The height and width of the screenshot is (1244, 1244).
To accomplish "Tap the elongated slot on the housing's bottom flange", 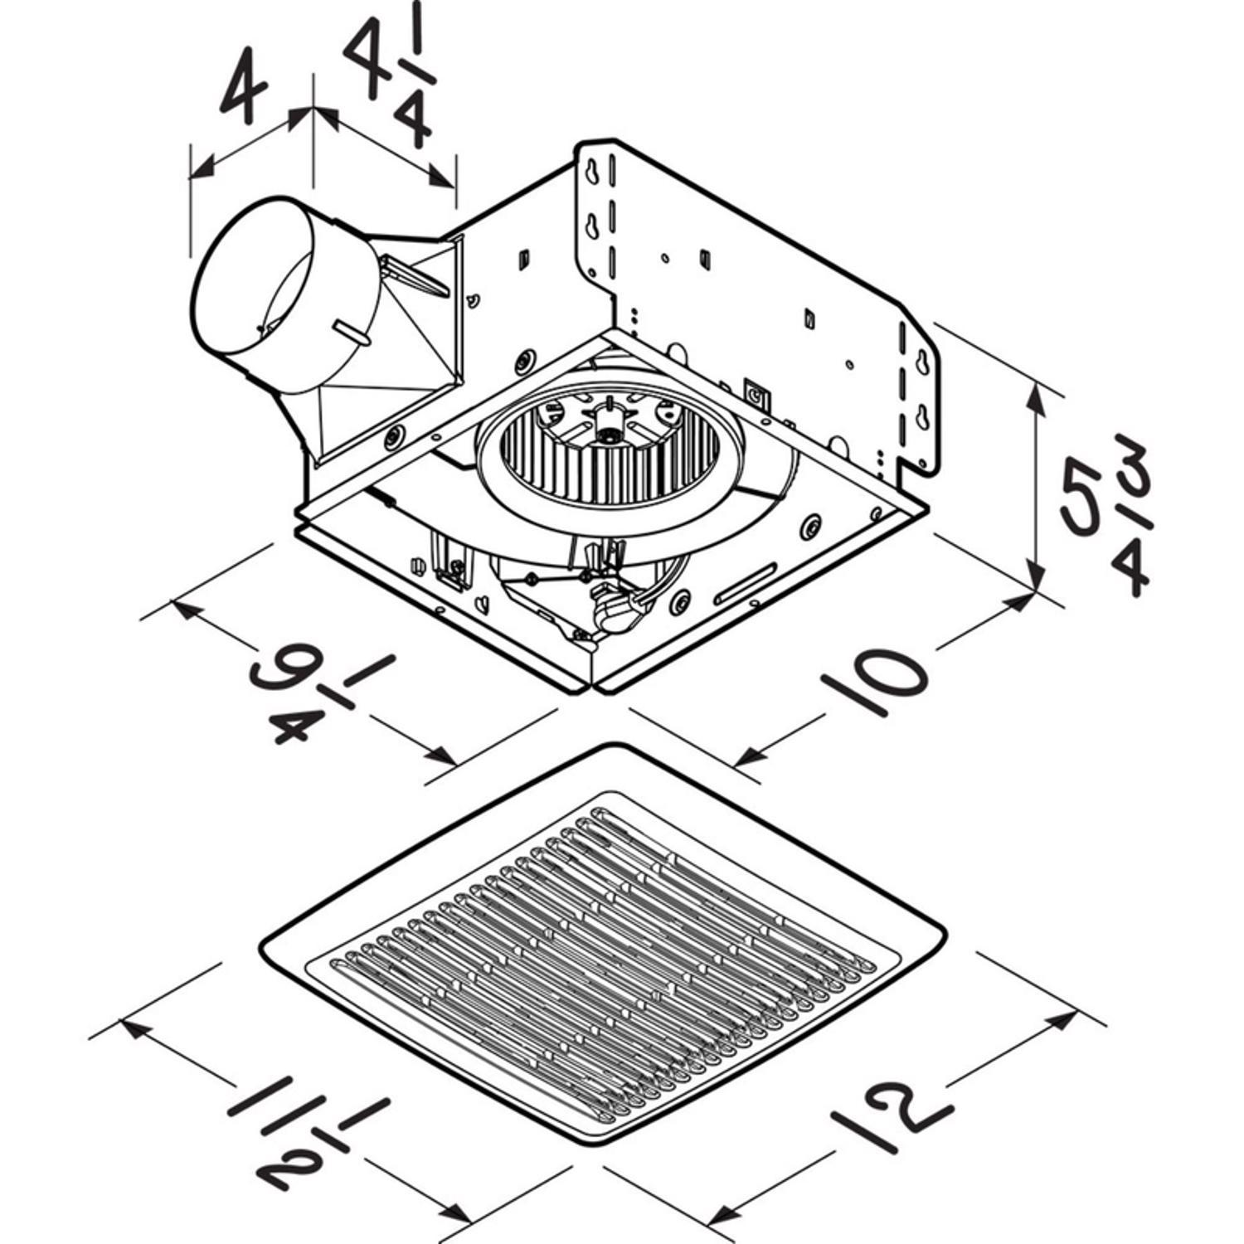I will coord(746,585).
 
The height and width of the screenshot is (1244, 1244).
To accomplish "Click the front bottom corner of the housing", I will coord(595,688).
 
